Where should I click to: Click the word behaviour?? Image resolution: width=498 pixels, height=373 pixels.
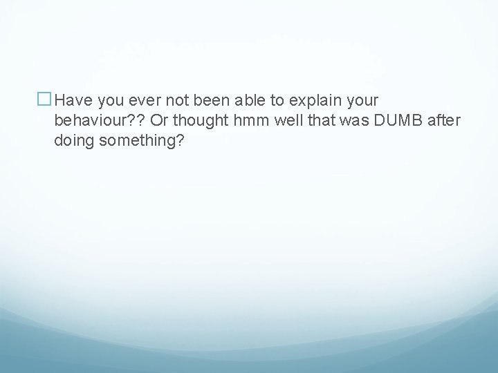pyautogui.click(x=100, y=121)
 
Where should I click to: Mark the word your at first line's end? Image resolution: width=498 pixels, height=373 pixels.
pyautogui.click(x=360, y=101)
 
